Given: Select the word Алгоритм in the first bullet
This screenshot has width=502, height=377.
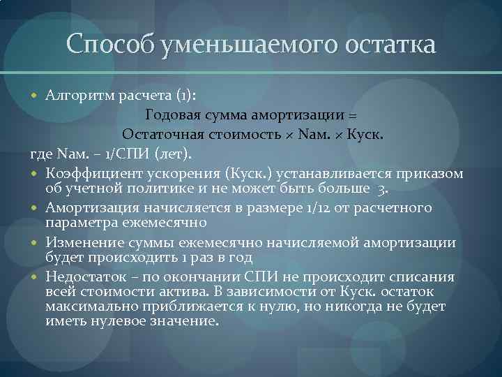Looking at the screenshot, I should [77, 95].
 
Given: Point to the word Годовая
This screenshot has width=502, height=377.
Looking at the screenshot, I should [172, 114].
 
